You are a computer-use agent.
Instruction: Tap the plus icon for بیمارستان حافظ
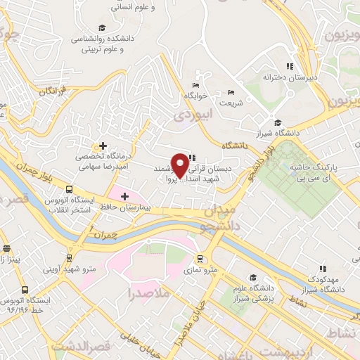[124, 196]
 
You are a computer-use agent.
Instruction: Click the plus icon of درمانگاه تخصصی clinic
[103, 145]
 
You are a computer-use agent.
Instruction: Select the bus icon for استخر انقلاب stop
[69, 189]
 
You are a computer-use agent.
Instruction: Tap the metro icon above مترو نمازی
[200, 258]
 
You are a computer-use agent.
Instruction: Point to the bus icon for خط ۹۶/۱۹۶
[25, 289]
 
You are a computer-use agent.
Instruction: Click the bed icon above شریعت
[231, 92]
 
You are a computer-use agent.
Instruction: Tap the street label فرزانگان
[53, 90]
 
